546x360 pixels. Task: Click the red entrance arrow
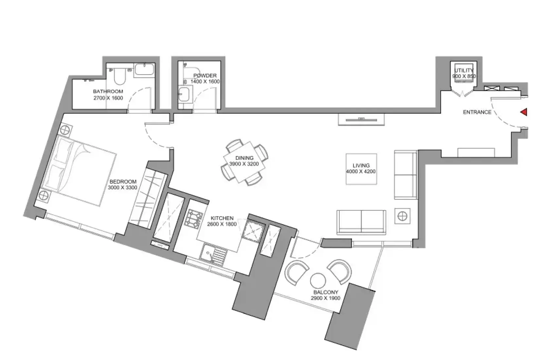point(524,112)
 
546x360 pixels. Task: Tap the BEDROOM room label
point(123,182)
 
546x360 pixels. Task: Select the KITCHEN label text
point(222,218)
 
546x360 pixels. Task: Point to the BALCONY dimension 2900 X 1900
point(326,298)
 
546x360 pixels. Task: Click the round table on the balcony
point(318,281)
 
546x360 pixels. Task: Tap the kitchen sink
point(213,255)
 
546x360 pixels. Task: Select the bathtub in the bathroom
point(145,69)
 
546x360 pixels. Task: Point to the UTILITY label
point(464,70)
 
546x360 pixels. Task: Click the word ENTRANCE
point(477,112)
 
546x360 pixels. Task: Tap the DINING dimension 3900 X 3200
point(244,164)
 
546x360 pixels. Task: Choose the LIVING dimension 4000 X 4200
point(361,171)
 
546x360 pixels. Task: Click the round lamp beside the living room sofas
point(402,216)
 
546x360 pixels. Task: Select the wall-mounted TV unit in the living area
point(361,120)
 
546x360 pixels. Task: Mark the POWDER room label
point(205,76)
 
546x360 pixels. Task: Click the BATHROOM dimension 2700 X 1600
point(108,98)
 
